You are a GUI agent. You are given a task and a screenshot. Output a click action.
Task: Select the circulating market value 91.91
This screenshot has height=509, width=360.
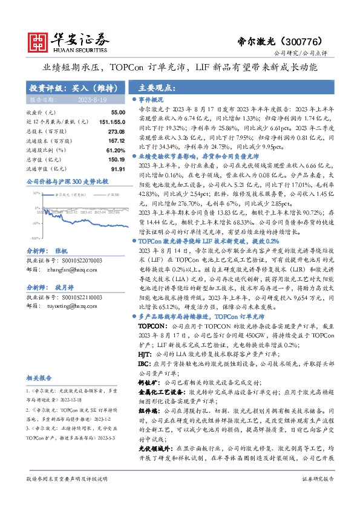[100, 169]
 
